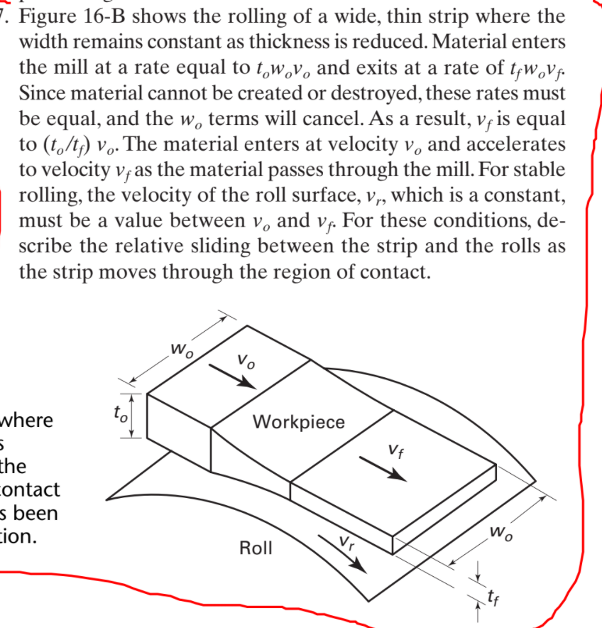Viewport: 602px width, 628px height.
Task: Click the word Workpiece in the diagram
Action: [299, 422]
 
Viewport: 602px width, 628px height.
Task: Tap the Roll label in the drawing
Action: [256, 548]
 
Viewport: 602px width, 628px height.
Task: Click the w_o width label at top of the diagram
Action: [178, 350]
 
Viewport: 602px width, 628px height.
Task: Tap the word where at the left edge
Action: [27, 421]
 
